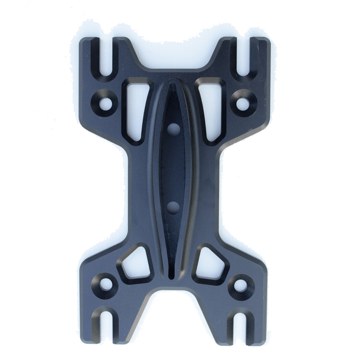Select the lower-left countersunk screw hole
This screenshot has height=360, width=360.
(106, 284)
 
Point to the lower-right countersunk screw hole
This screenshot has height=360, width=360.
(240, 285)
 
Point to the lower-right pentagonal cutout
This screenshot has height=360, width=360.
(210, 264)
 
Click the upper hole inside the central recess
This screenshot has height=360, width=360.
(174, 128)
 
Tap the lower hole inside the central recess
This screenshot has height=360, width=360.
(173, 207)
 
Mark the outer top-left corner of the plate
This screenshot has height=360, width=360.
(82, 40)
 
